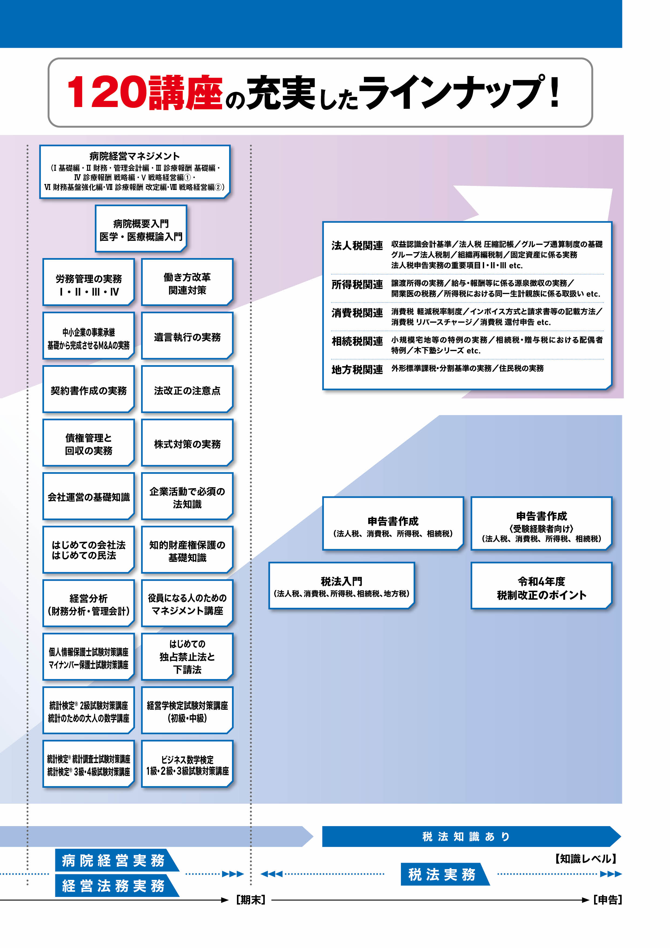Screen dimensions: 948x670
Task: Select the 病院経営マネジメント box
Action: pyautogui.click(x=135, y=171)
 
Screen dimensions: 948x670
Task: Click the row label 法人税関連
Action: pyautogui.click(x=357, y=246)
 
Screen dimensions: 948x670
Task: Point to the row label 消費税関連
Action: pyautogui.click(x=357, y=313)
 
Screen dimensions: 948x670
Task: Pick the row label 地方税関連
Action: pyautogui.click(x=357, y=369)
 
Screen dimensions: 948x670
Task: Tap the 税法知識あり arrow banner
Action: pyautogui.click(x=467, y=836)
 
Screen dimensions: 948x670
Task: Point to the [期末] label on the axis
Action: pyautogui.click(x=251, y=900)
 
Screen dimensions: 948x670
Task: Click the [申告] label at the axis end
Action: pyautogui.click(x=607, y=900)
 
